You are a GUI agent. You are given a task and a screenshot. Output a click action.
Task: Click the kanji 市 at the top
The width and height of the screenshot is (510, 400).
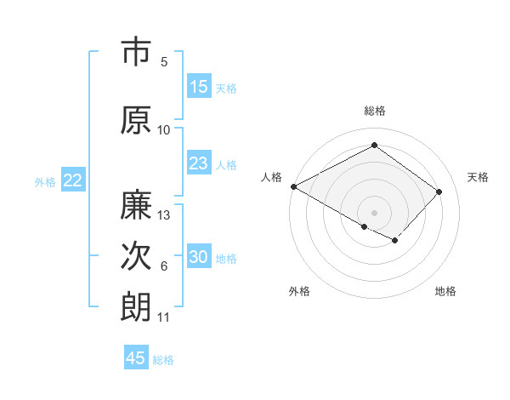click(x=136, y=52)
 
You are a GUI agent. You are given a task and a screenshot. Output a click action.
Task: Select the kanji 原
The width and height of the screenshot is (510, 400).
click(x=136, y=120)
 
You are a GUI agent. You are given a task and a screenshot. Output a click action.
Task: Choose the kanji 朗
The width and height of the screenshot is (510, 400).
click(x=136, y=306)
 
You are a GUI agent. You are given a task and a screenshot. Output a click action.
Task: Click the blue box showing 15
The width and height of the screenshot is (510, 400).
click(x=199, y=87)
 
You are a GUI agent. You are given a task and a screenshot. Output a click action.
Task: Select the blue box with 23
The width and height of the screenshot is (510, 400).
click(x=199, y=164)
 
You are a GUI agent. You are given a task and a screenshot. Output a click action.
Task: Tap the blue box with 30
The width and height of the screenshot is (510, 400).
click(x=199, y=258)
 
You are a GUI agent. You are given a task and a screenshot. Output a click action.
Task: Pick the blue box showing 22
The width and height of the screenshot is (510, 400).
click(x=73, y=180)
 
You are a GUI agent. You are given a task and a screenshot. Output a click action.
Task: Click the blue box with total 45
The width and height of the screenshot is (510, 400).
click(x=136, y=358)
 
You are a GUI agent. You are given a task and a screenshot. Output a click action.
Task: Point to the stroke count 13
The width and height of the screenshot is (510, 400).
click(x=165, y=215)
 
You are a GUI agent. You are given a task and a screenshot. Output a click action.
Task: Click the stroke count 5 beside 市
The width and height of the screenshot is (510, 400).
click(x=164, y=61)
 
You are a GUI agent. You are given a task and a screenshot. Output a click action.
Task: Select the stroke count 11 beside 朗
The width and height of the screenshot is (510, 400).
click(x=164, y=317)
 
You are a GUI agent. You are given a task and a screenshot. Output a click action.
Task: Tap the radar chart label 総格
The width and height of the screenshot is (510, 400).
click(x=375, y=111)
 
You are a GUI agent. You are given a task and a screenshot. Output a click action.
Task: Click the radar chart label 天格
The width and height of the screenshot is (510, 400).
click(x=479, y=177)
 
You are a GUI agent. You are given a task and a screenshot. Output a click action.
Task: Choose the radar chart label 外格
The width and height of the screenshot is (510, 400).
click(x=299, y=291)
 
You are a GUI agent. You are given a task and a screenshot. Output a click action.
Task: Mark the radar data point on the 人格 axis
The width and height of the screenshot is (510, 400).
click(x=293, y=186)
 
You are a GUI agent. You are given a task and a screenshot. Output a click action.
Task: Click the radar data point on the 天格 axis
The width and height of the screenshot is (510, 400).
click(x=439, y=191)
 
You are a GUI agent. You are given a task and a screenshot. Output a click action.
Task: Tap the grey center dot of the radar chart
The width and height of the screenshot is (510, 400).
click(x=374, y=212)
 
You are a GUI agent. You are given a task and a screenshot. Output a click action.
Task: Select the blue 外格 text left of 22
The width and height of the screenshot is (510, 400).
click(x=45, y=181)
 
